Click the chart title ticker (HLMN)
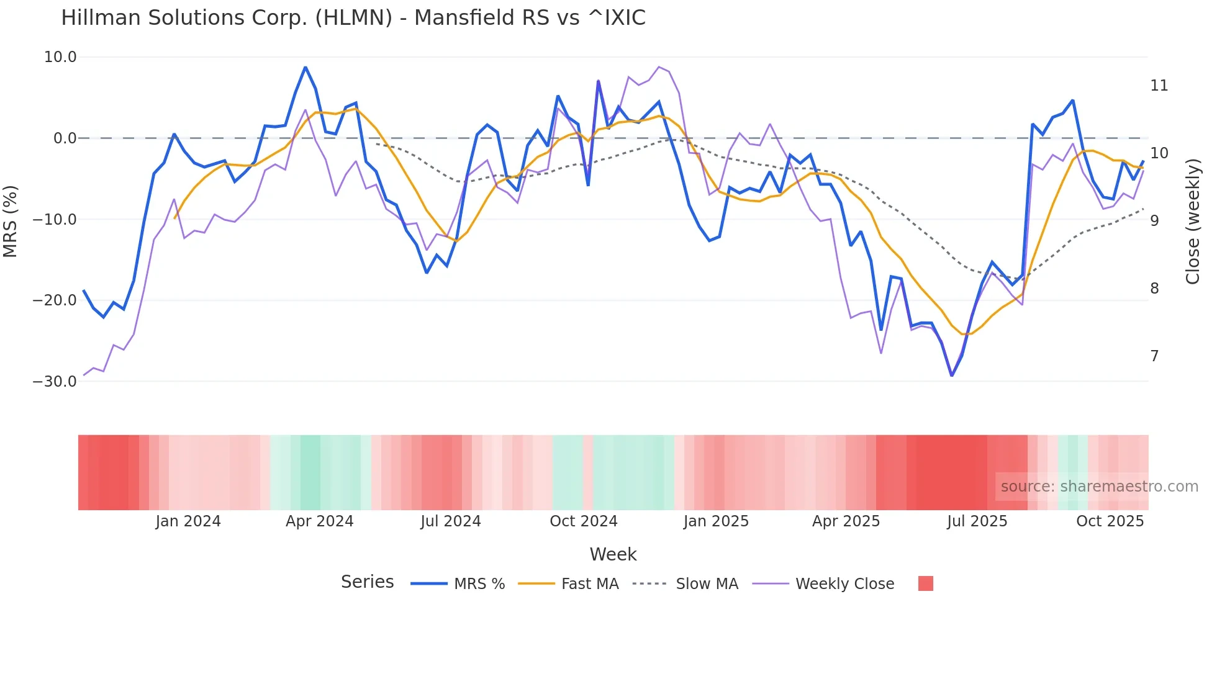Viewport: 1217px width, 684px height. (x=353, y=18)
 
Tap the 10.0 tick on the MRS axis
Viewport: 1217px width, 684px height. (x=60, y=57)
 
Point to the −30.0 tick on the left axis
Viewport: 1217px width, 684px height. (x=55, y=382)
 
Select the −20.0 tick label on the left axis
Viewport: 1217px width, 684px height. (x=55, y=300)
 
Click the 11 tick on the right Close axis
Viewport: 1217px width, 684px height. (x=1159, y=86)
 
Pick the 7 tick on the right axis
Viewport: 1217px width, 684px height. (x=1154, y=356)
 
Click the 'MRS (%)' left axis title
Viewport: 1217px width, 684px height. (x=11, y=221)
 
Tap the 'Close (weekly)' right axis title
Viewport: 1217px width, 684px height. (x=1192, y=221)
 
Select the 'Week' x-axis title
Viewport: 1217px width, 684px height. (x=613, y=554)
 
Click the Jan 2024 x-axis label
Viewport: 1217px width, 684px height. (x=188, y=521)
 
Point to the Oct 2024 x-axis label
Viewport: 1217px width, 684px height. (x=583, y=521)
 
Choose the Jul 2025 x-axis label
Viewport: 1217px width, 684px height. (x=977, y=521)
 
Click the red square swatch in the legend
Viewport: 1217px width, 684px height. (x=925, y=583)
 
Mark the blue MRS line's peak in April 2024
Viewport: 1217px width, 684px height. (x=305, y=67)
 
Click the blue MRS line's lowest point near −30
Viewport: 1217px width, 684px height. (x=951, y=375)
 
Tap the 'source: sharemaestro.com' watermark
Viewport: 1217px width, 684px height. (x=1099, y=487)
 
